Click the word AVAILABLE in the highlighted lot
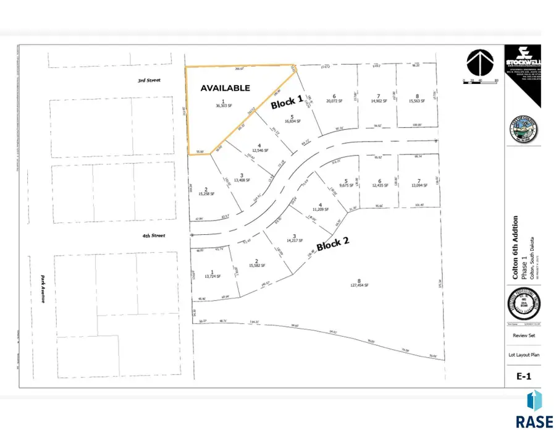click(x=225, y=88)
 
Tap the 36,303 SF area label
click(x=223, y=106)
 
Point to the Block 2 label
click(x=333, y=244)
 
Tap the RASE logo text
click(x=536, y=421)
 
